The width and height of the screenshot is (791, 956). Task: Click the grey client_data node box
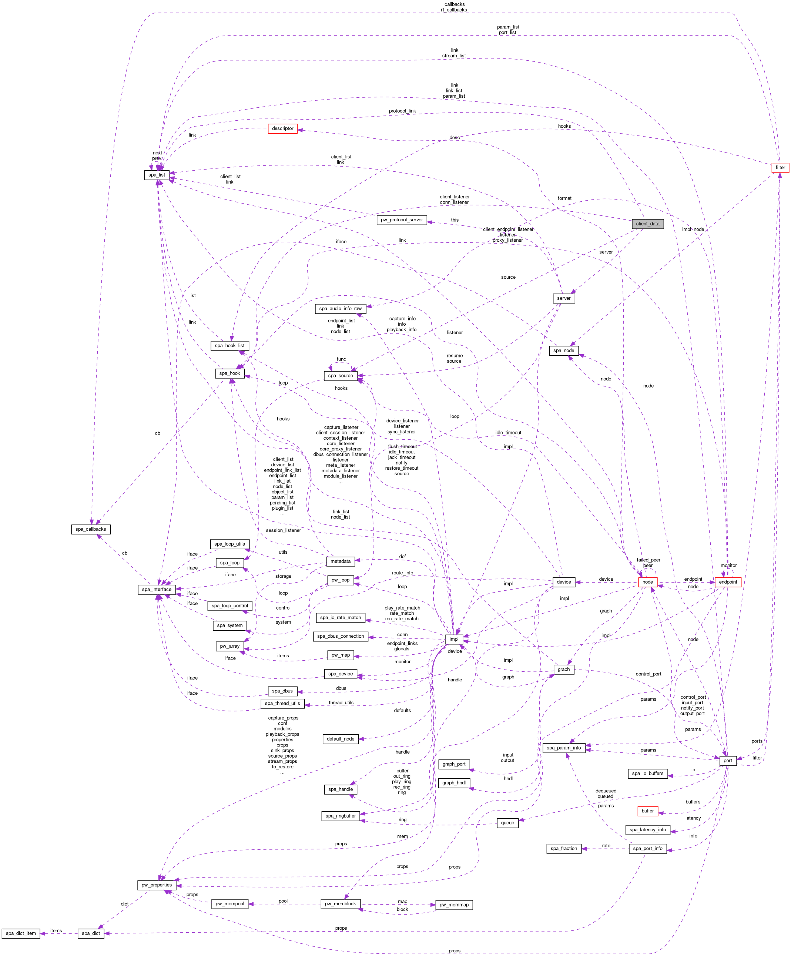[647, 224]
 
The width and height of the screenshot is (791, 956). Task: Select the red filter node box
[780, 168]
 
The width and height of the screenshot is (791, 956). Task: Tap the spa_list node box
[157, 175]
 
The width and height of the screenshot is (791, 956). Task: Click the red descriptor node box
[282, 129]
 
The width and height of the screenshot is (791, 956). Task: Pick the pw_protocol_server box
[402, 220]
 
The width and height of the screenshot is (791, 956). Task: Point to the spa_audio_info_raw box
[340, 309]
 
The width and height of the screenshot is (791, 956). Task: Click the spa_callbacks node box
[91, 529]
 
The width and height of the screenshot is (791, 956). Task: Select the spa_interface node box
[157, 590]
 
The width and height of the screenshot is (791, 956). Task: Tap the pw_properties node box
[157, 885]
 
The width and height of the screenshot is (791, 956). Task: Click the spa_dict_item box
[20, 933]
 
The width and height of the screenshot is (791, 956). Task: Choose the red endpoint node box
[728, 582]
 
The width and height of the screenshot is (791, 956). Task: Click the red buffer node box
[647, 811]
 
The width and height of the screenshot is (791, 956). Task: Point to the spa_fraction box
[564, 849]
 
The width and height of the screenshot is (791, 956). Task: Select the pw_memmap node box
[453, 905]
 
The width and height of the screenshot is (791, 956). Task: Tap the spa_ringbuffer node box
[340, 816]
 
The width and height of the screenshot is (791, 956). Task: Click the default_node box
[340, 739]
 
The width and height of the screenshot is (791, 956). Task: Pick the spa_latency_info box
[647, 829]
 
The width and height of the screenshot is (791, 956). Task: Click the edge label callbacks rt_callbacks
[454, 7]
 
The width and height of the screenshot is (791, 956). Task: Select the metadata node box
[340, 561]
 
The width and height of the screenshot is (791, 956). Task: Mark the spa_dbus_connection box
[340, 637]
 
